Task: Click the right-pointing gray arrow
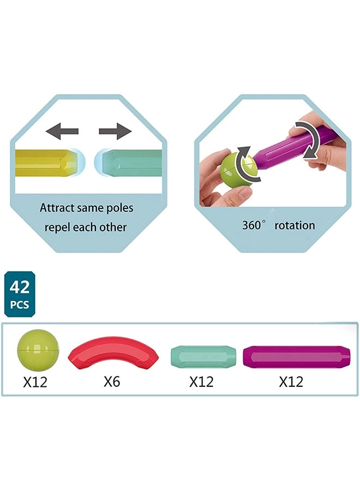(116, 131)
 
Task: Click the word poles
(118, 208)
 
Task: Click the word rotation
(295, 225)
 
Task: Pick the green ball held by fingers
(236, 169)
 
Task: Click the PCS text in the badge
(19, 304)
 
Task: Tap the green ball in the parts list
(38, 350)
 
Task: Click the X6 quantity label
(112, 382)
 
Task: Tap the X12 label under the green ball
(35, 382)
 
